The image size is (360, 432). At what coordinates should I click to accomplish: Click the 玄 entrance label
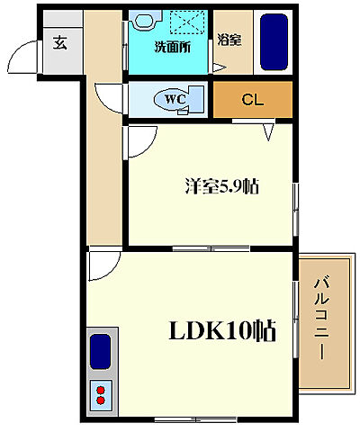pos(60,42)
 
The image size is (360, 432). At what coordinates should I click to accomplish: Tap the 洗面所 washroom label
pos(173,47)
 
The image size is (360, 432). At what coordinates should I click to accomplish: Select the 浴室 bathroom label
pos(229,40)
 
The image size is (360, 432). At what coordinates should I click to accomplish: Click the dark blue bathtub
pos(274,42)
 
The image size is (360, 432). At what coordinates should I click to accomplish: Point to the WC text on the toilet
pos(175,99)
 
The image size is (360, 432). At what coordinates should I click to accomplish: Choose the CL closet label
pos(253,100)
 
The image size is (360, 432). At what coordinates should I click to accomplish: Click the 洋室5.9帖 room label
pos(221,186)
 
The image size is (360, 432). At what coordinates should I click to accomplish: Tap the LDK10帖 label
pos(222,330)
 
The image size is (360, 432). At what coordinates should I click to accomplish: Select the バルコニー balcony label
pos(322,319)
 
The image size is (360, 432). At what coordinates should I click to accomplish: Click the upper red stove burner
pos(101,390)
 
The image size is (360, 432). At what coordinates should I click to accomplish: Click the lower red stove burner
pos(101,400)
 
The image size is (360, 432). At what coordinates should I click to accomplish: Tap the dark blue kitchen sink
pos(100,351)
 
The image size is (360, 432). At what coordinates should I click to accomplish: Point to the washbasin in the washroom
pos(144,21)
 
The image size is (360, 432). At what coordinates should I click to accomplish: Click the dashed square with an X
pos(187,22)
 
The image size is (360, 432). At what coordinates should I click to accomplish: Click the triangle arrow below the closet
pos(268,132)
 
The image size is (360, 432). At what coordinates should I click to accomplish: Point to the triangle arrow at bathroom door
pos(219,67)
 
